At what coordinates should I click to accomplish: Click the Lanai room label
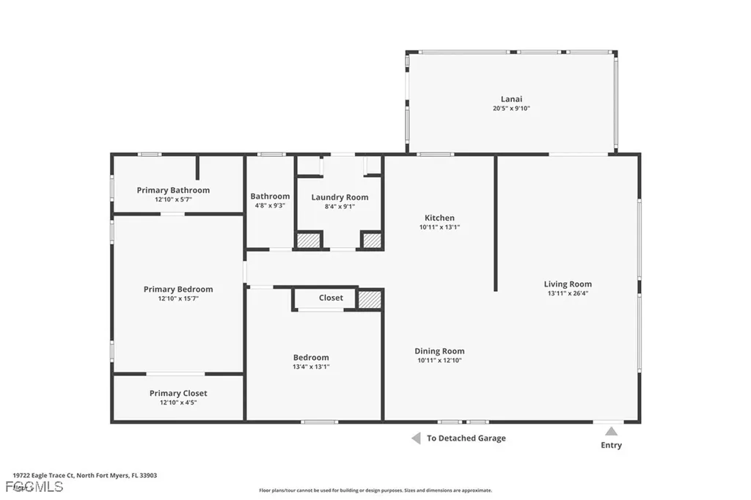[511, 99]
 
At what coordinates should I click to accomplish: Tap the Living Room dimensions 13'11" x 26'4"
[568, 293]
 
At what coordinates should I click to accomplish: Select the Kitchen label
[439, 218]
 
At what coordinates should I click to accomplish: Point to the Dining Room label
[439, 351]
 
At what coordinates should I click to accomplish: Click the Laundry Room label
[340, 197]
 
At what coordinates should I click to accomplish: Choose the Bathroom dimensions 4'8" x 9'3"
[270, 206]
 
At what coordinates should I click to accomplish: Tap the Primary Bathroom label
[173, 190]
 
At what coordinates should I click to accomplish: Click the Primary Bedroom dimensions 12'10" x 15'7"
[178, 299]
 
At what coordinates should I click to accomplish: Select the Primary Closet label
[178, 394]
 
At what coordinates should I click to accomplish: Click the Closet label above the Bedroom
[331, 298]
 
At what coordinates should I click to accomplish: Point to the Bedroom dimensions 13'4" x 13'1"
[312, 367]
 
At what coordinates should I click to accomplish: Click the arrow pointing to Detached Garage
[415, 438]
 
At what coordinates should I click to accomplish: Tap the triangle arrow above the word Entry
[611, 431]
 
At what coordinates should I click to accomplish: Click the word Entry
[611, 445]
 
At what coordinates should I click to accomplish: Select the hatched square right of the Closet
[370, 299]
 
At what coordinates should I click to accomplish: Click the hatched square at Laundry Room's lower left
[309, 240]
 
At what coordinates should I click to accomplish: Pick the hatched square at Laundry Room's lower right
[372, 240]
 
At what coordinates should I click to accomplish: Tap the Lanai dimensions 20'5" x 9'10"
[511, 109]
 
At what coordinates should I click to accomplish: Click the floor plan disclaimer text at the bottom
[375, 490]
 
